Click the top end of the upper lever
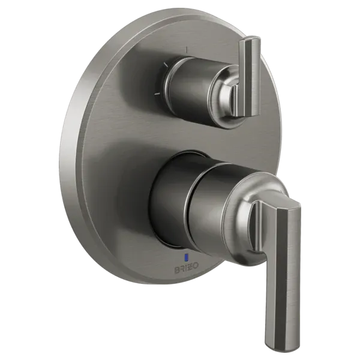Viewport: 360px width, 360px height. (x=251, y=42)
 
